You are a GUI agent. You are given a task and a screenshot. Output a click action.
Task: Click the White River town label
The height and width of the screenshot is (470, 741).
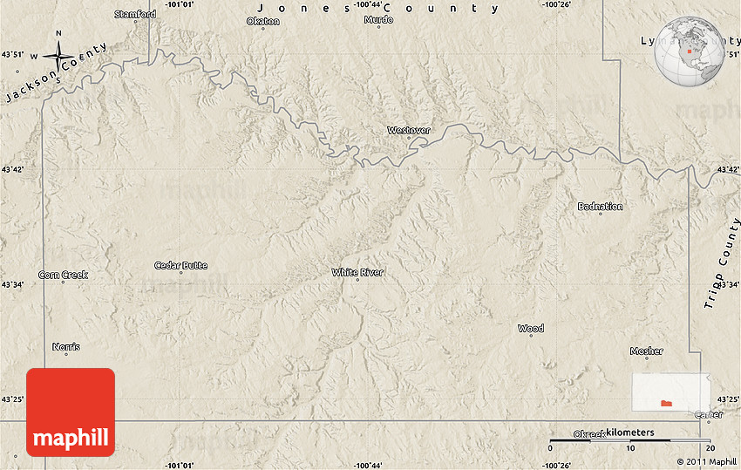(357, 272)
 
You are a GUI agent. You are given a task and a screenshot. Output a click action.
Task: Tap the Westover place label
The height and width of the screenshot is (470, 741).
(409, 130)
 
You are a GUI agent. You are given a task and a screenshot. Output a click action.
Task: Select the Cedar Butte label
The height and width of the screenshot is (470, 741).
(180, 265)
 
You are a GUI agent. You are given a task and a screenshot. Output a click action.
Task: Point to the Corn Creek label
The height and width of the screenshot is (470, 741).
(63, 275)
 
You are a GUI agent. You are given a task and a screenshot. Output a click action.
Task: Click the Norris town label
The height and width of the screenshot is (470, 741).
(65, 346)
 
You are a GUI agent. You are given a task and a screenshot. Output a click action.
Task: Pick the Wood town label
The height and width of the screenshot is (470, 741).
(530, 328)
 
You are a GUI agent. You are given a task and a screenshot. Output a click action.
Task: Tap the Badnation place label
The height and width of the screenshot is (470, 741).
(600, 206)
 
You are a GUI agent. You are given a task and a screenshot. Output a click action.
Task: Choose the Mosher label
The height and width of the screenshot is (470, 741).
(646, 351)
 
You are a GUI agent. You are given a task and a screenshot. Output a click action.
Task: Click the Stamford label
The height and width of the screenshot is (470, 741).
(135, 14)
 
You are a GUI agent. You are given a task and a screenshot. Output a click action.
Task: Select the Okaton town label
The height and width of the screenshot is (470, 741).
(263, 21)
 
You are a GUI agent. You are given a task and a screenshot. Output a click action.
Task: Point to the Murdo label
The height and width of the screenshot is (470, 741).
(378, 18)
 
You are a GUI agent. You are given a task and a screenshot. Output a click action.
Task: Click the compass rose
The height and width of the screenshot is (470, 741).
(58, 56)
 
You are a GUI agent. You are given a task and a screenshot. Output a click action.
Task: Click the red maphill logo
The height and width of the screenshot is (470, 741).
(71, 412)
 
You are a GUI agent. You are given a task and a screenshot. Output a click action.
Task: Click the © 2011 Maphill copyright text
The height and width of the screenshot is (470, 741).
(706, 461)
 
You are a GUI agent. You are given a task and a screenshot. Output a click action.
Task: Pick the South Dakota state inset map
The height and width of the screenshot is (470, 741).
(670, 392)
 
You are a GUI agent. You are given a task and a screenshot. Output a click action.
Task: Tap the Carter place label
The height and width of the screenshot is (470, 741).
(708, 415)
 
